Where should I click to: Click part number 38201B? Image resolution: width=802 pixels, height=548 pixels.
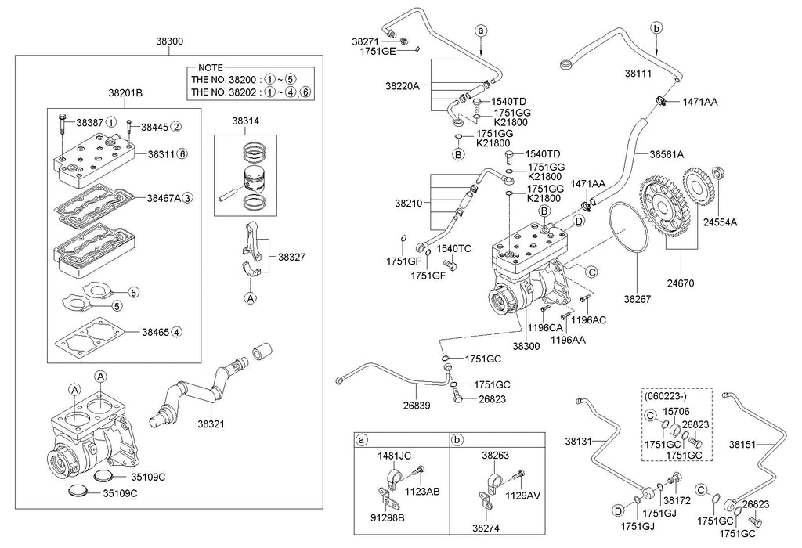click(125, 93)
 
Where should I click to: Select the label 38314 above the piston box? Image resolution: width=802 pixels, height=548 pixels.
click(245, 121)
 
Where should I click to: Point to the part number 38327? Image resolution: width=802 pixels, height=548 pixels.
click(291, 257)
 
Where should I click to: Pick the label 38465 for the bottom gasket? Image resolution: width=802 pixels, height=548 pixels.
click(156, 332)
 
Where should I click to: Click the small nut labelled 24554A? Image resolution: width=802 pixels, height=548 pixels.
click(718, 173)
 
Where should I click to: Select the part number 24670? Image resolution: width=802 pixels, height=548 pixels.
click(681, 283)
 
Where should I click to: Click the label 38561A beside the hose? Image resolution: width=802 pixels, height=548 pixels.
click(667, 154)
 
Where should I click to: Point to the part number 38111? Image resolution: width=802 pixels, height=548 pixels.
click(638, 74)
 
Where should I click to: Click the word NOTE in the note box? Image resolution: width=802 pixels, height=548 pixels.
click(210, 67)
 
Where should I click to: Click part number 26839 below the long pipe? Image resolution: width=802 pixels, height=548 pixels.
click(417, 406)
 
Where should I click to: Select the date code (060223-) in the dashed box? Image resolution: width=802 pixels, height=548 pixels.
click(665, 395)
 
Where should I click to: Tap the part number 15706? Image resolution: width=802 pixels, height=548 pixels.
click(676, 412)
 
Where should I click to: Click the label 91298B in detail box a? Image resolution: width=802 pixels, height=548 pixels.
click(388, 517)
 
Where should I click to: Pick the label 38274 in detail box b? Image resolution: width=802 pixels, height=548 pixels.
click(486, 528)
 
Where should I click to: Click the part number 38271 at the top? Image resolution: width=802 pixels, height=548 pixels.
click(365, 41)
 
